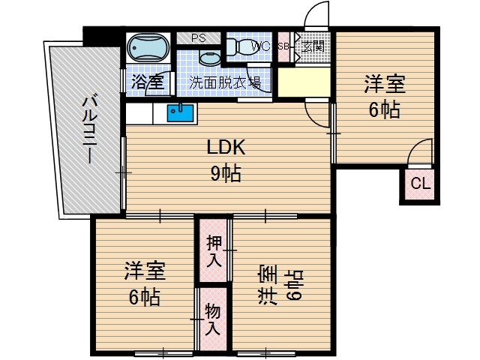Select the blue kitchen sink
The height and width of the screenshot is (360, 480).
(181, 114)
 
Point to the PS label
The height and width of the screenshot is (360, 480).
(199, 37)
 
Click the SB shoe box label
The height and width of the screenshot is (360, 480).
(283, 46)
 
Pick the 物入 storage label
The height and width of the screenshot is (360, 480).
(214, 318)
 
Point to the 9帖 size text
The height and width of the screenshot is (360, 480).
(225, 174)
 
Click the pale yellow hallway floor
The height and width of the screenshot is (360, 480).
(304, 83)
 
